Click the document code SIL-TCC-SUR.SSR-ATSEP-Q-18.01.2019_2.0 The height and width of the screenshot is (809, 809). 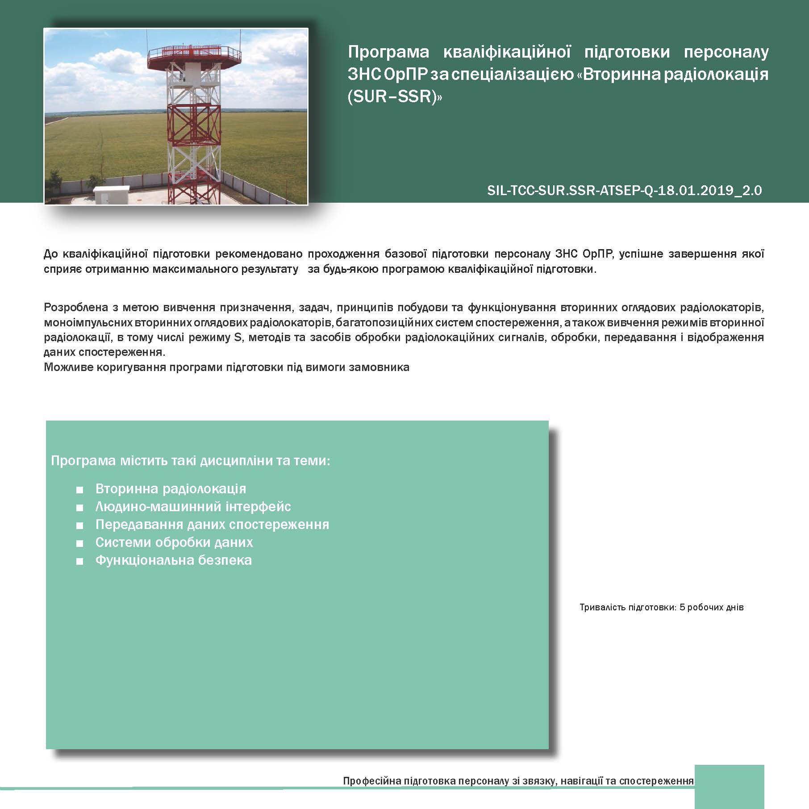625,191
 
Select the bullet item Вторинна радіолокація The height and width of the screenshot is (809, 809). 171,489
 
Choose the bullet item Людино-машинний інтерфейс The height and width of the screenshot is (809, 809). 193,507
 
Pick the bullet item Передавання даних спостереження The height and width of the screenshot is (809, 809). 212,525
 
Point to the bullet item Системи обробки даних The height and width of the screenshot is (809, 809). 174,542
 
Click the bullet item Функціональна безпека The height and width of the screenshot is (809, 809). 174,560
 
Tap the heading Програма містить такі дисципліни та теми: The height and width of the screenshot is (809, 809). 191,460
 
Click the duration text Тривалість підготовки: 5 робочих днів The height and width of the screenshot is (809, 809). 661,607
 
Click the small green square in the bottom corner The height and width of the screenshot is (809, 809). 730,786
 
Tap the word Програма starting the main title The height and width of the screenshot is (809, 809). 388,52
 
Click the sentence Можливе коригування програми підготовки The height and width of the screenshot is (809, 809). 226,367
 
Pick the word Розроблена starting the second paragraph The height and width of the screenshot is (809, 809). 76,308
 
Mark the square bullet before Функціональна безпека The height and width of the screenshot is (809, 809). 80,561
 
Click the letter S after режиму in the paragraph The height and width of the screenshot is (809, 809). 238,338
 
